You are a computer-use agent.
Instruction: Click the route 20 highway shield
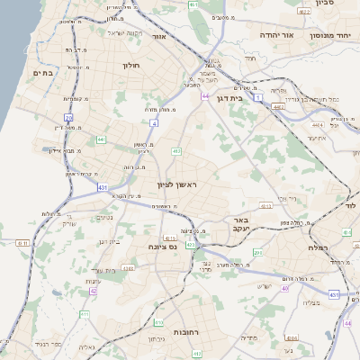click(x=68, y=118)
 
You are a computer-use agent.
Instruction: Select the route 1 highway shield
click(x=258, y=96)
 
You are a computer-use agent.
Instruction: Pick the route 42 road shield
click(x=94, y=292)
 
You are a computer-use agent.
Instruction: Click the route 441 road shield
click(x=101, y=139)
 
